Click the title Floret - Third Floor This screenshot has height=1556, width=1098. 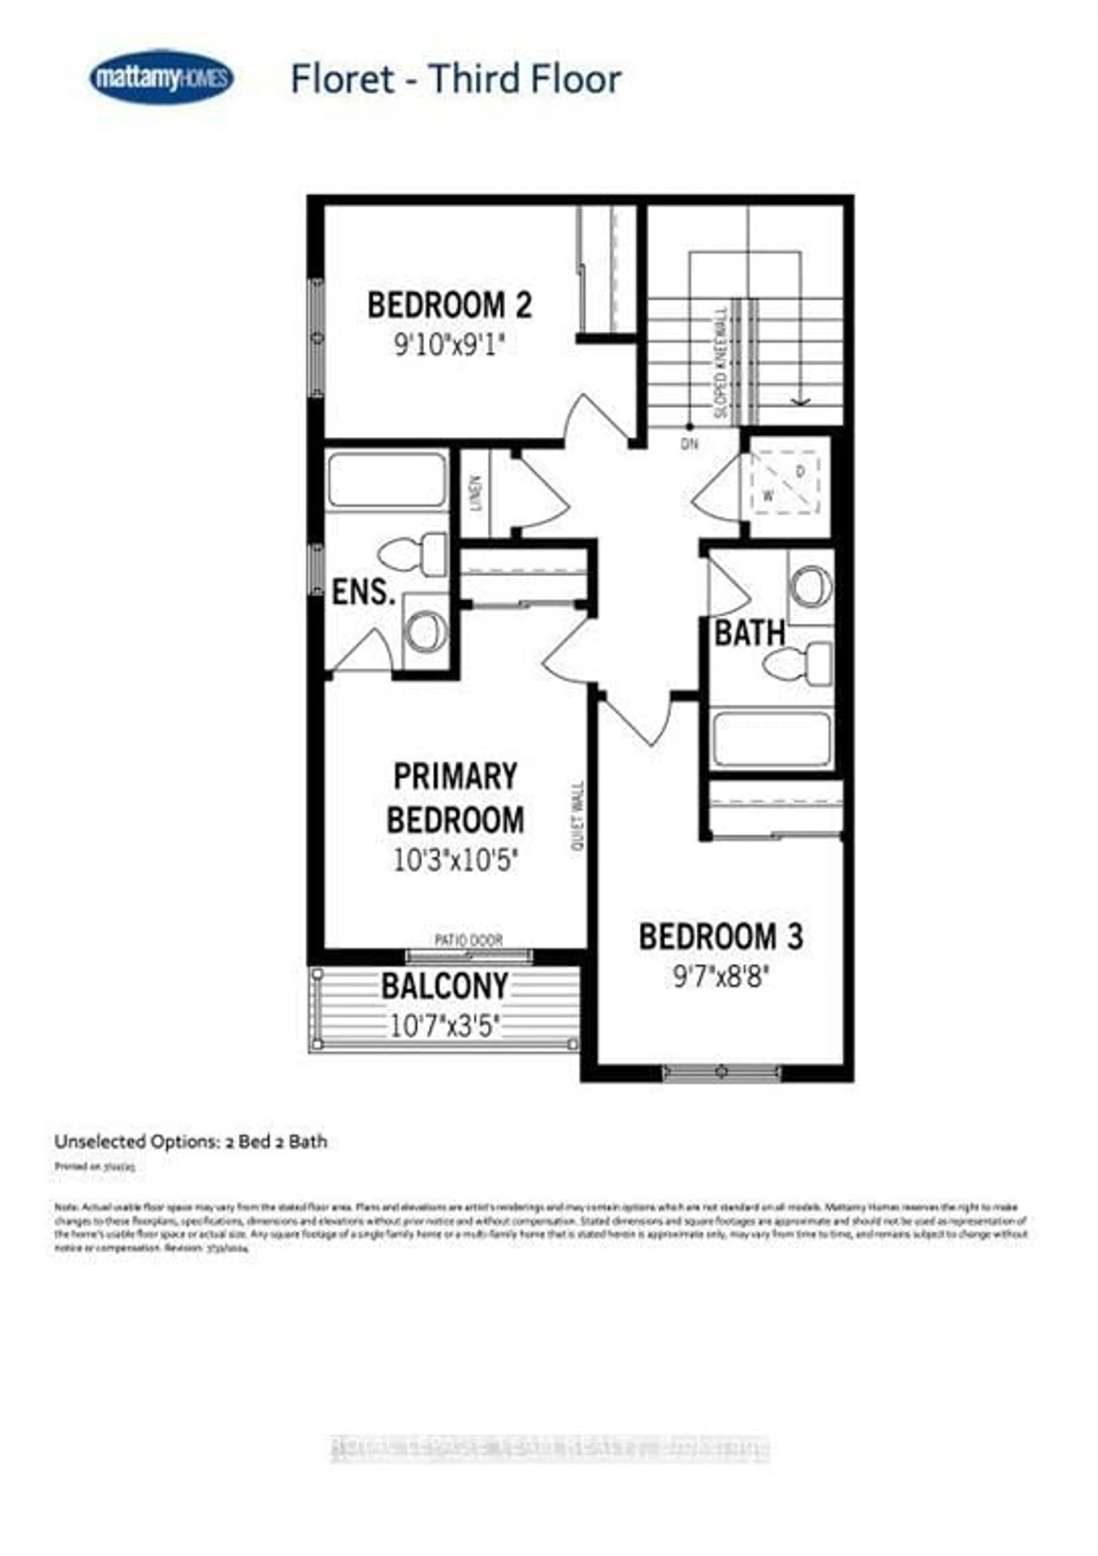point(455,79)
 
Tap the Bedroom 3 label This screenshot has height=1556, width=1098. point(721,937)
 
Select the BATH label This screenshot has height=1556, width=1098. point(750,634)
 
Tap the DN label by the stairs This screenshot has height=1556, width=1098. point(690,445)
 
